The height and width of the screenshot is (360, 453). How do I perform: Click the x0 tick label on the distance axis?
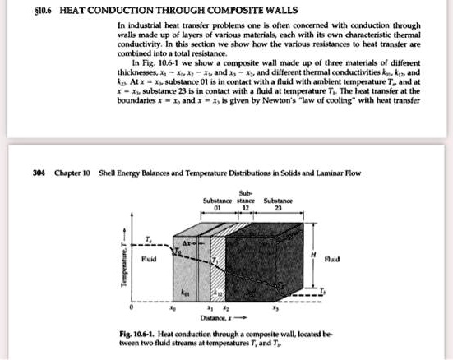click(170, 309)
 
